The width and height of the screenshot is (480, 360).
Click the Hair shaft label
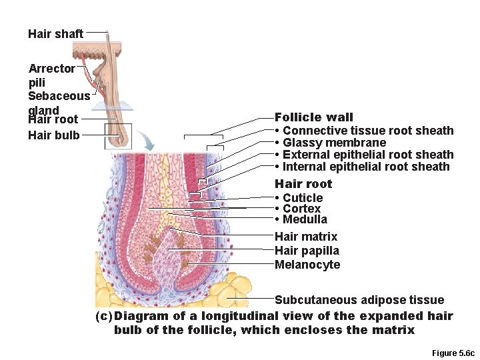tap(55, 33)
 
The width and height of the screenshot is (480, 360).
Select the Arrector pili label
tap(51, 75)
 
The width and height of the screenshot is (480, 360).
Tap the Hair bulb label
tap(53, 135)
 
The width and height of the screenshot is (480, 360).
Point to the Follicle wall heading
tap(314, 117)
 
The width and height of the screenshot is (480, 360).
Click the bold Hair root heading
tap(303, 183)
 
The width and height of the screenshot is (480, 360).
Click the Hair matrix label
tap(306, 237)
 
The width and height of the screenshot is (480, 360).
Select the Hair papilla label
tap(307, 251)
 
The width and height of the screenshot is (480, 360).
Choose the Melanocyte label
tap(307, 265)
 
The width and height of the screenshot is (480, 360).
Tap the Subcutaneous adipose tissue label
tap(359, 300)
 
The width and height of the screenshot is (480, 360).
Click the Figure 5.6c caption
tap(453, 352)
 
